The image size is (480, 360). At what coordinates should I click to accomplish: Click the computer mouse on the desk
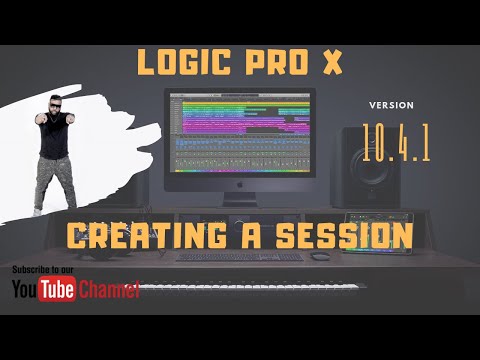click(319, 256)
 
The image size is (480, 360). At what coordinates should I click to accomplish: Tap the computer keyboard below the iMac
click(239, 257)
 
